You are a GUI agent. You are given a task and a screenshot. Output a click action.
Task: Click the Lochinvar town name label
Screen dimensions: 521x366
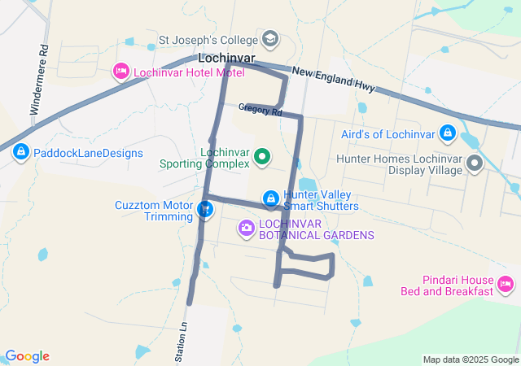click(227, 59)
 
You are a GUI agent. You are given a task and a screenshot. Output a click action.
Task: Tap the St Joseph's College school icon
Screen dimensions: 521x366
click(269, 38)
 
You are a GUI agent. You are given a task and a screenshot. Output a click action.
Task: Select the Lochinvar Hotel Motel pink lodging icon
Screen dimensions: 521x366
click(121, 72)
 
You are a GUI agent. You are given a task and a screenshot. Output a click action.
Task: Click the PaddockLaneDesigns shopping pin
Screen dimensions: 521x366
click(20, 151)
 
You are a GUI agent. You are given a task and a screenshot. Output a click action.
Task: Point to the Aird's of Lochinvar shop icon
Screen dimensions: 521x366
click(447, 132)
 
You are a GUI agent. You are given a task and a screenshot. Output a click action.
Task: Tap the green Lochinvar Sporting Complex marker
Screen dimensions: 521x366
click(262, 157)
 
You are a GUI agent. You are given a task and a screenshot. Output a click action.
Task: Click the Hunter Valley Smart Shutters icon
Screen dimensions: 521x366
click(269, 198)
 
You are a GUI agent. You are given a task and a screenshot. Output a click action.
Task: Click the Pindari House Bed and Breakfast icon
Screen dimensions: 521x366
click(506, 284)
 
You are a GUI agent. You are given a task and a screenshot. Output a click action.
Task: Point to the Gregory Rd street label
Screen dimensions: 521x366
click(260, 110)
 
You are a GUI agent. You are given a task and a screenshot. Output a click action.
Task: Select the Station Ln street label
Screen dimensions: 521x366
click(182, 341)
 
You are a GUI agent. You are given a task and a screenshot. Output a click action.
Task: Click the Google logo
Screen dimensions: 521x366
click(27, 356)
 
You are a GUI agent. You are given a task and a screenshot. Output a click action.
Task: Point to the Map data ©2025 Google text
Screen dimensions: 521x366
click(471, 359)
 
